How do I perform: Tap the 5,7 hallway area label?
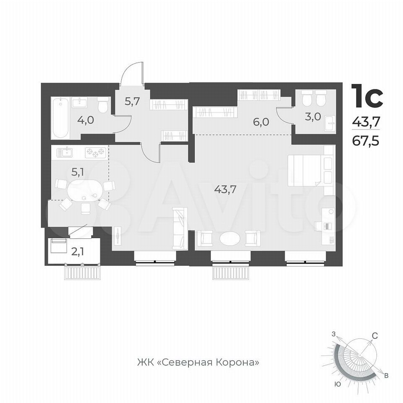(132, 102)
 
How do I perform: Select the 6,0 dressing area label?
(262, 122)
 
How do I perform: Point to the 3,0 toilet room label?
(313, 117)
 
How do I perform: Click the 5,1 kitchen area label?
(77, 173)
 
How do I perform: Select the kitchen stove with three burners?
(96, 153)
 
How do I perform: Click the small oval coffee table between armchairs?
(230, 238)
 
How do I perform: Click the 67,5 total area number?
(366, 141)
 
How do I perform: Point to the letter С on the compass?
(375, 335)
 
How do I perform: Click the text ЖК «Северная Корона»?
(198, 362)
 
